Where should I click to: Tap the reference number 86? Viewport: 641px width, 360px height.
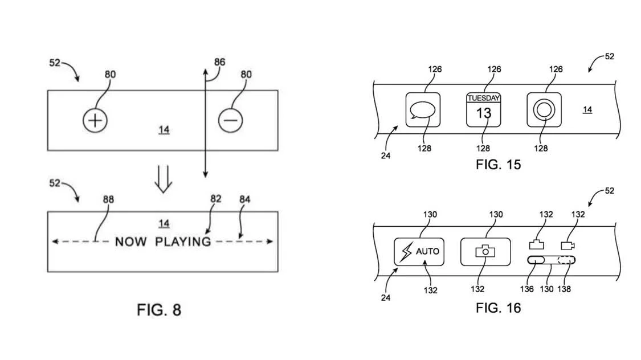(x=219, y=62)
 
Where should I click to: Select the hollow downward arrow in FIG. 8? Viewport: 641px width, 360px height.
(x=164, y=179)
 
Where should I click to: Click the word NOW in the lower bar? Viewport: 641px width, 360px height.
(x=130, y=242)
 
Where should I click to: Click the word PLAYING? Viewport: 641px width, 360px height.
(x=183, y=242)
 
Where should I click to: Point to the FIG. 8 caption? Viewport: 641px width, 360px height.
(x=159, y=310)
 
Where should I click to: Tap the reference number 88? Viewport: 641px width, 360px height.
(x=108, y=199)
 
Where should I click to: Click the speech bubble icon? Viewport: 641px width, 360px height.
(x=423, y=110)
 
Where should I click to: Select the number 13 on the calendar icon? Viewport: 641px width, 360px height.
(x=484, y=113)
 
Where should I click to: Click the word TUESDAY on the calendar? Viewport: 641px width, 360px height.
(x=484, y=98)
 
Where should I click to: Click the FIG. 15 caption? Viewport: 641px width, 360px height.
(x=499, y=165)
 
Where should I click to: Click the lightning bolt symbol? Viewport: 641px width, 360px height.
(x=406, y=252)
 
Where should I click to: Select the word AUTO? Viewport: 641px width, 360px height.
(x=427, y=251)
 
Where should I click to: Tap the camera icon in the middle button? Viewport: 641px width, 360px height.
(x=485, y=251)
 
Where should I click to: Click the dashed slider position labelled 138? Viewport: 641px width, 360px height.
(x=566, y=260)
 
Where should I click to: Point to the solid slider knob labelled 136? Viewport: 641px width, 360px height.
(x=536, y=260)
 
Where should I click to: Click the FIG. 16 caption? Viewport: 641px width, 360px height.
(x=499, y=308)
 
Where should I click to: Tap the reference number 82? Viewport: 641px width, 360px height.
(x=216, y=199)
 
